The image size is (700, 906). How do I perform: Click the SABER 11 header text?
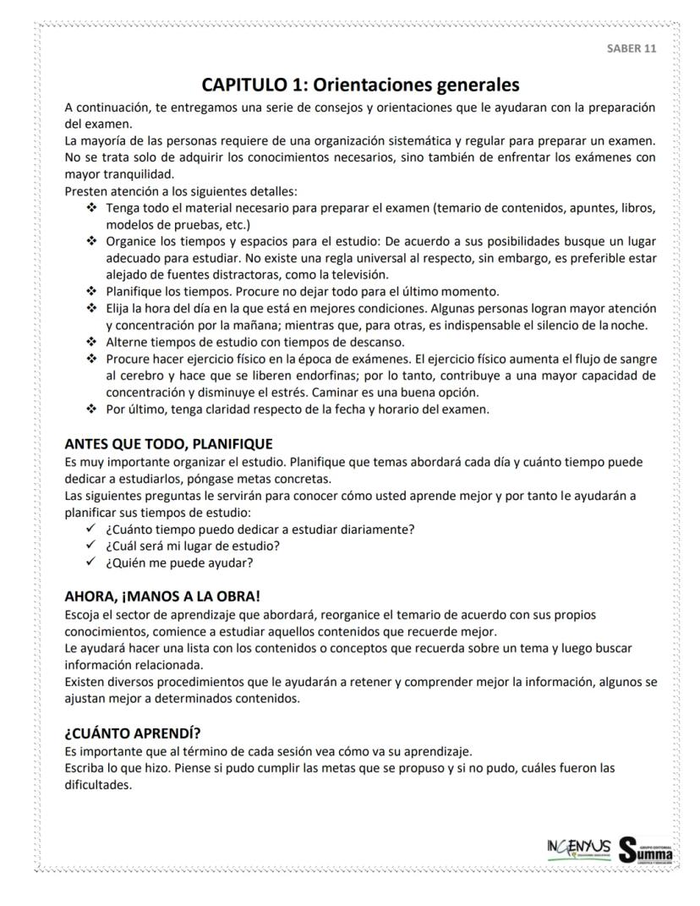pos(631,48)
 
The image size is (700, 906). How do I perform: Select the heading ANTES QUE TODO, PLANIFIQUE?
pos(169,444)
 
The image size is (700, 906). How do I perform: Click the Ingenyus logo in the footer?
pos(578,848)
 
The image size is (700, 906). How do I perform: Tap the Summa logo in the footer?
pos(647,849)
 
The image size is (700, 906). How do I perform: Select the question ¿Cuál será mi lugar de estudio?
pos(193,546)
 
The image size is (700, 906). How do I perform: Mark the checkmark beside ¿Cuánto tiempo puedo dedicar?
pos(90,530)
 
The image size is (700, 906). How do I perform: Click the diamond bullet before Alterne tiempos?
pos(90,343)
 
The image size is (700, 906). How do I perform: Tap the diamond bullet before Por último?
pos(90,409)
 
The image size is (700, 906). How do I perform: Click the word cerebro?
pos(144,376)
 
